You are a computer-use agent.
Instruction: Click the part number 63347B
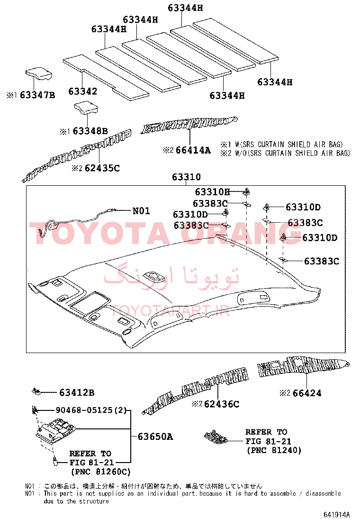(x=37, y=95)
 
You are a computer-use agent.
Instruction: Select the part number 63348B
(x=90, y=131)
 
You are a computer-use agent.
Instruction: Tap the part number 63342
(x=82, y=91)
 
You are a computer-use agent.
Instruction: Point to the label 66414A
(x=193, y=150)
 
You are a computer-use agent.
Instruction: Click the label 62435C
(x=102, y=168)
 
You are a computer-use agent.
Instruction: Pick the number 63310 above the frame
(x=186, y=177)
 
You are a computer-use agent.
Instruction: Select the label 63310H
(x=213, y=192)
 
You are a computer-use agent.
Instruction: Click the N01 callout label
(x=141, y=211)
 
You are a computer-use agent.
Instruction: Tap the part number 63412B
(x=77, y=392)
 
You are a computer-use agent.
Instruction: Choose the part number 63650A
(x=155, y=436)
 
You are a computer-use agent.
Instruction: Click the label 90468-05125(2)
(x=91, y=410)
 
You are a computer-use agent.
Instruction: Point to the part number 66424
(x=307, y=393)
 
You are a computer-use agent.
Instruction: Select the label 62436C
(x=222, y=404)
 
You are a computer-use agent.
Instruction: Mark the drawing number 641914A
(x=337, y=515)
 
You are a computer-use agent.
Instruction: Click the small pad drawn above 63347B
(x=39, y=73)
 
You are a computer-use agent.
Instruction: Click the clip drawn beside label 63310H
(x=247, y=191)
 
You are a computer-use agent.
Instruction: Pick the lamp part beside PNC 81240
(x=216, y=436)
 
